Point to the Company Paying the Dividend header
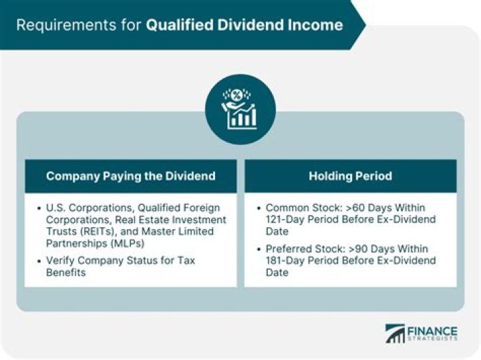(x=131, y=176)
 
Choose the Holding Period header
(x=350, y=176)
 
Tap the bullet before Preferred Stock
(x=259, y=248)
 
